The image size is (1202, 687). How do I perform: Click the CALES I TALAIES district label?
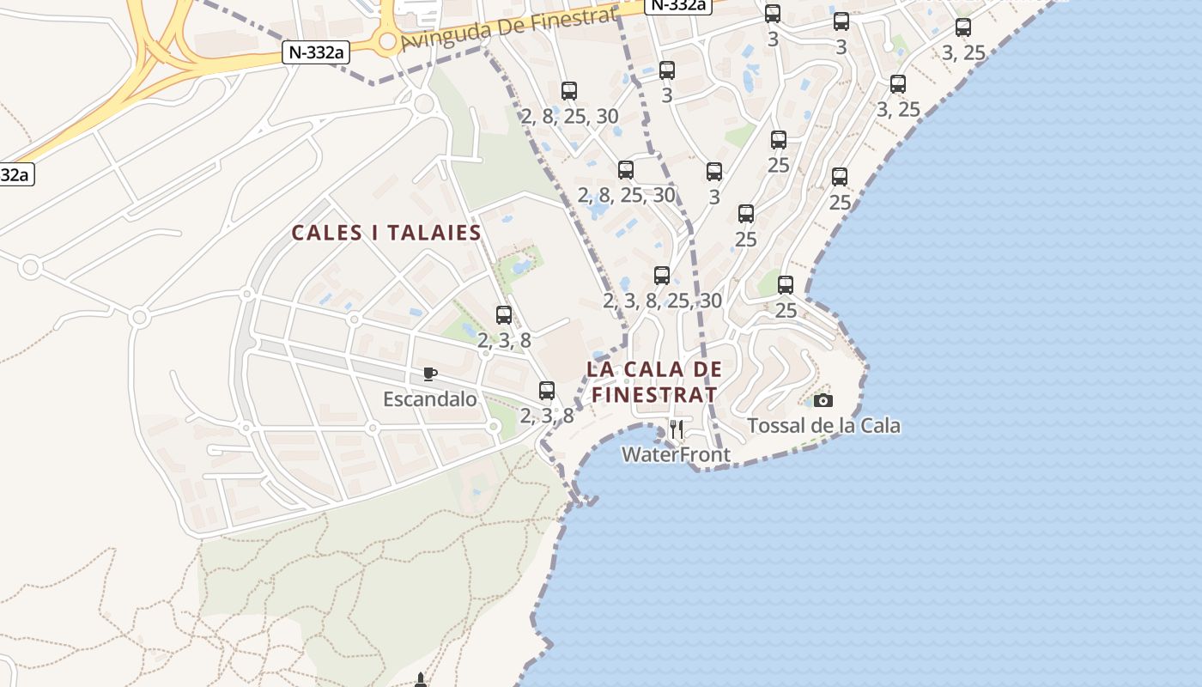pos(386,233)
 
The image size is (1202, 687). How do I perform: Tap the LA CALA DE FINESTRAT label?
pos(653,382)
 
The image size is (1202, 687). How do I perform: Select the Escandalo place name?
pos(429,399)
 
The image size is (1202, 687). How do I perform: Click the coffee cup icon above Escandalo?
pos(430,374)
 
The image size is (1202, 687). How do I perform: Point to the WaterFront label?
pos(676,454)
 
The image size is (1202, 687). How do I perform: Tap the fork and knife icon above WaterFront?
pos(677,429)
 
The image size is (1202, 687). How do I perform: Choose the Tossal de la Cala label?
pos(823,425)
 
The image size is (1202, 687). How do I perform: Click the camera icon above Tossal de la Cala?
pos(823,400)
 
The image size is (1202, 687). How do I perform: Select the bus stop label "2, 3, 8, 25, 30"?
pos(662,301)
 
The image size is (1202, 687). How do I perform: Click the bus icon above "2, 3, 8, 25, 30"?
pos(662,276)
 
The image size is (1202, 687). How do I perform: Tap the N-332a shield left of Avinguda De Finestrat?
pos(316,52)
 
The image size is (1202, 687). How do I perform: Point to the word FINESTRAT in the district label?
pos(653,395)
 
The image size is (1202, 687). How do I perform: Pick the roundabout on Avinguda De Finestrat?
pos(387,41)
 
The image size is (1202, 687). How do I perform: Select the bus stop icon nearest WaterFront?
pos(547,391)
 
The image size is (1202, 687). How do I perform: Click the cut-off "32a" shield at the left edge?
pos(15,174)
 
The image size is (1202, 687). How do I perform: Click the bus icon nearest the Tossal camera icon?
pos(786,285)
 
